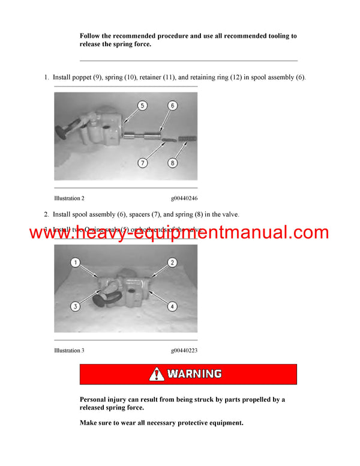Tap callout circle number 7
(142, 162)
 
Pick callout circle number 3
(76, 306)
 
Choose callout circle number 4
(172, 306)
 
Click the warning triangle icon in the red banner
(157, 374)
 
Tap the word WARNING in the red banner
(194, 374)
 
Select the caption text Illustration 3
(69, 351)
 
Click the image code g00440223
(184, 351)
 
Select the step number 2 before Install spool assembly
(46, 214)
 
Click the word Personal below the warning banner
(95, 399)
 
